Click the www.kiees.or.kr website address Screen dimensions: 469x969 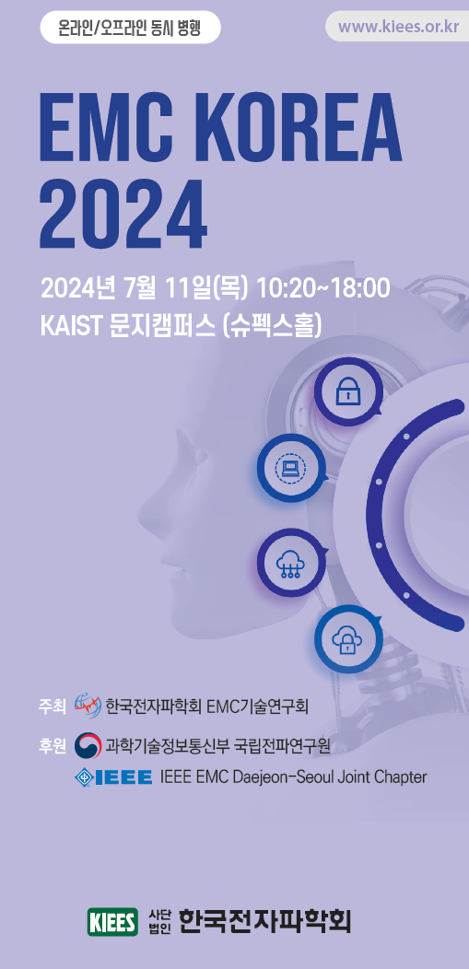[x=399, y=28]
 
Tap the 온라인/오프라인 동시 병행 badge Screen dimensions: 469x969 [x=130, y=28]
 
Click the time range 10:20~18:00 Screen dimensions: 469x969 [x=322, y=288]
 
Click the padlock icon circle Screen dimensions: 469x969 [x=347, y=391]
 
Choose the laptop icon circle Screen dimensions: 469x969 [x=290, y=467]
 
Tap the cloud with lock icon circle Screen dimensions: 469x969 [x=347, y=639]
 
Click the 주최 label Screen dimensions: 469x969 [x=52, y=706]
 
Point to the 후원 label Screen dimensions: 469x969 [x=52, y=746]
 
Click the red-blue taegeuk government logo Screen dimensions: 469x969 [x=88, y=746]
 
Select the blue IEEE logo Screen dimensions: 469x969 [x=113, y=776]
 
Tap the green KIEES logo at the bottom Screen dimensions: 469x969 [x=112, y=922]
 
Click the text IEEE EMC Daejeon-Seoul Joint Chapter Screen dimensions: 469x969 [x=293, y=776]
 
